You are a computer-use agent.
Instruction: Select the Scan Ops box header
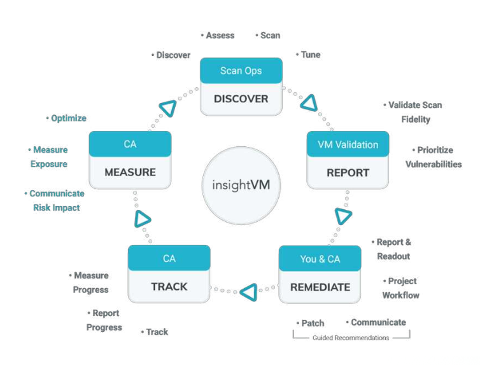click(241, 71)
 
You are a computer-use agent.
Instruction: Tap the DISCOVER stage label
click(241, 99)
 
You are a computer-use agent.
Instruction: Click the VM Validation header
click(348, 144)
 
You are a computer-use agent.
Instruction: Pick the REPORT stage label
click(348, 172)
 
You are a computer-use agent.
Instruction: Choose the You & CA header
click(320, 259)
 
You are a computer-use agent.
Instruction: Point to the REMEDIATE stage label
click(320, 287)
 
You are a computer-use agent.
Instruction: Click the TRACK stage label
click(169, 287)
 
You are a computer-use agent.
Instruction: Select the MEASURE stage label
click(130, 172)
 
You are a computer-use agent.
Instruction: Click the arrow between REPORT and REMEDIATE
click(343, 216)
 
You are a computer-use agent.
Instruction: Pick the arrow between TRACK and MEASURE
click(143, 219)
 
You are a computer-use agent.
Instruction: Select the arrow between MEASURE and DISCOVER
click(167, 107)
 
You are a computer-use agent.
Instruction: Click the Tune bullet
click(308, 55)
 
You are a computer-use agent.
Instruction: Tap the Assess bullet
click(218, 36)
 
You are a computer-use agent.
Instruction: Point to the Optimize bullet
click(66, 118)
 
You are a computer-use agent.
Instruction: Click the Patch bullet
click(310, 323)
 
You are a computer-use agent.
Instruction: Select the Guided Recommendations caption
click(351, 338)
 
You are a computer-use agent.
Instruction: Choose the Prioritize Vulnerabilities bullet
click(434, 157)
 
